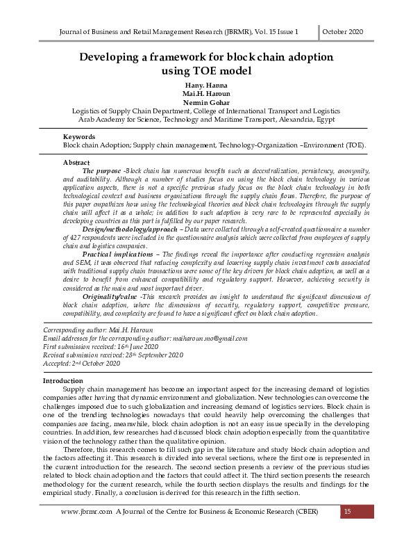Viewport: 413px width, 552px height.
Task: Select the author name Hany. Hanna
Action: coord(206,85)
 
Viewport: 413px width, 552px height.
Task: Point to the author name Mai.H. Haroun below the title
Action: coord(206,94)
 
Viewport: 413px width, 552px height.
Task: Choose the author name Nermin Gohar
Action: coord(206,103)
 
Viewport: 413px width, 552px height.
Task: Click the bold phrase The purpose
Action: coord(102,170)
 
